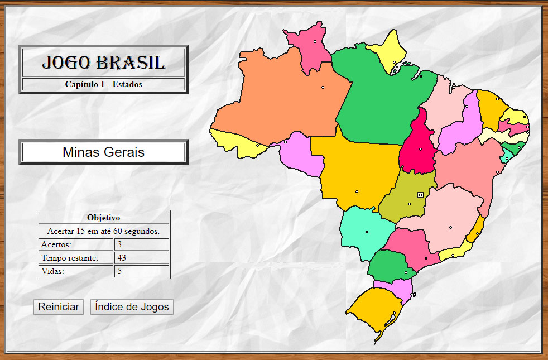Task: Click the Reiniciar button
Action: [59, 306]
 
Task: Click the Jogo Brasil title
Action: [103, 63]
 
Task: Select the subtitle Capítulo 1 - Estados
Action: [103, 84]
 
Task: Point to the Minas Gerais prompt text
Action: [103, 152]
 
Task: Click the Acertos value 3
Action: [142, 244]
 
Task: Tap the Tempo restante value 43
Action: [142, 258]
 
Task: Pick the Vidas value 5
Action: [142, 271]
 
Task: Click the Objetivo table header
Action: [103, 218]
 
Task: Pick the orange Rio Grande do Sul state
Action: [371, 313]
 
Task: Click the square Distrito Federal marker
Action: [420, 195]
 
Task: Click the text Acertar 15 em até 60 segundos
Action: [103, 231]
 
